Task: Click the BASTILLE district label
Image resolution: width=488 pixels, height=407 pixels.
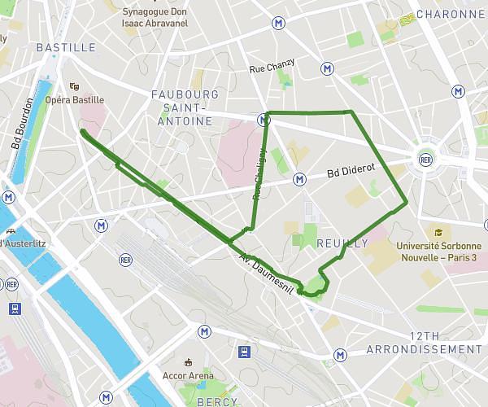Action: tap(66, 47)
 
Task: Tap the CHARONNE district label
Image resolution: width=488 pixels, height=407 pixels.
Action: tap(449, 14)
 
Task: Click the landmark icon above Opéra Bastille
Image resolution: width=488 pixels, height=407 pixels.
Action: tap(74, 85)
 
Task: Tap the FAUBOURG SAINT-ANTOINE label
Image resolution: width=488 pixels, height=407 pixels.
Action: tap(185, 107)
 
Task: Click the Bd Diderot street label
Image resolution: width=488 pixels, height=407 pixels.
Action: tap(351, 169)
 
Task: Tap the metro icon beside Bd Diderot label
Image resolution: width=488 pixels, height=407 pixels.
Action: tap(299, 178)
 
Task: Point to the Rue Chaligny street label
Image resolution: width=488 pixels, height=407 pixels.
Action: tap(259, 173)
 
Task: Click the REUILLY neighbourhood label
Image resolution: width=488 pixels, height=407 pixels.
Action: tap(342, 243)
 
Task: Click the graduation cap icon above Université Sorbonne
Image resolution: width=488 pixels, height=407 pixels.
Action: tap(438, 233)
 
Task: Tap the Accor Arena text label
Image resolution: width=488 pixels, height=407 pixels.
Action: tap(189, 376)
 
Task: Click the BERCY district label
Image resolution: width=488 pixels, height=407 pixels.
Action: tap(207, 401)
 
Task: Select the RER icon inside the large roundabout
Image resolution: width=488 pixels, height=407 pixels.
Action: tap(425, 160)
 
